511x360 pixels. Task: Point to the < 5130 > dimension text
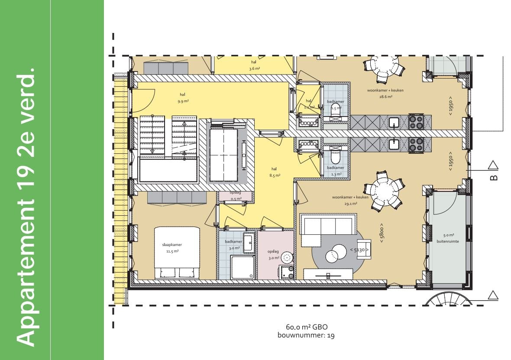pos(359,250)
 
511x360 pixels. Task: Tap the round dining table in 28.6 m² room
pos(383,67)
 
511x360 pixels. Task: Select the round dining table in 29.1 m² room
pos(383,190)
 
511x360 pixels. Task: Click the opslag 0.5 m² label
pos(236,196)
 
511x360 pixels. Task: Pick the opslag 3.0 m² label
pos(273,255)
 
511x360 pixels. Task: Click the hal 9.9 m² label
pos(183,97)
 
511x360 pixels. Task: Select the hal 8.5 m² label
pos(274,172)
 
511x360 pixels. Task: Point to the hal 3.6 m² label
pos(254,65)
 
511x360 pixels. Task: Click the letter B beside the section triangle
pos(494,177)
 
